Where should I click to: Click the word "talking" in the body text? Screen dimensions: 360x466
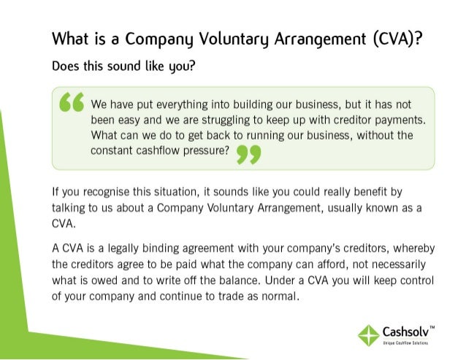(69, 209)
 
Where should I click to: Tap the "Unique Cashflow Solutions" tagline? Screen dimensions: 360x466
(405, 344)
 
